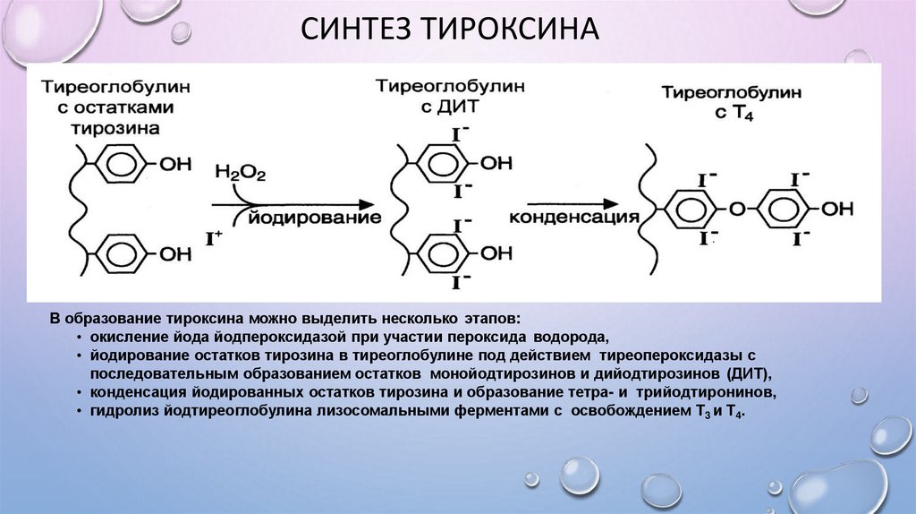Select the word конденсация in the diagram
572,218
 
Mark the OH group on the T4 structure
838,209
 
